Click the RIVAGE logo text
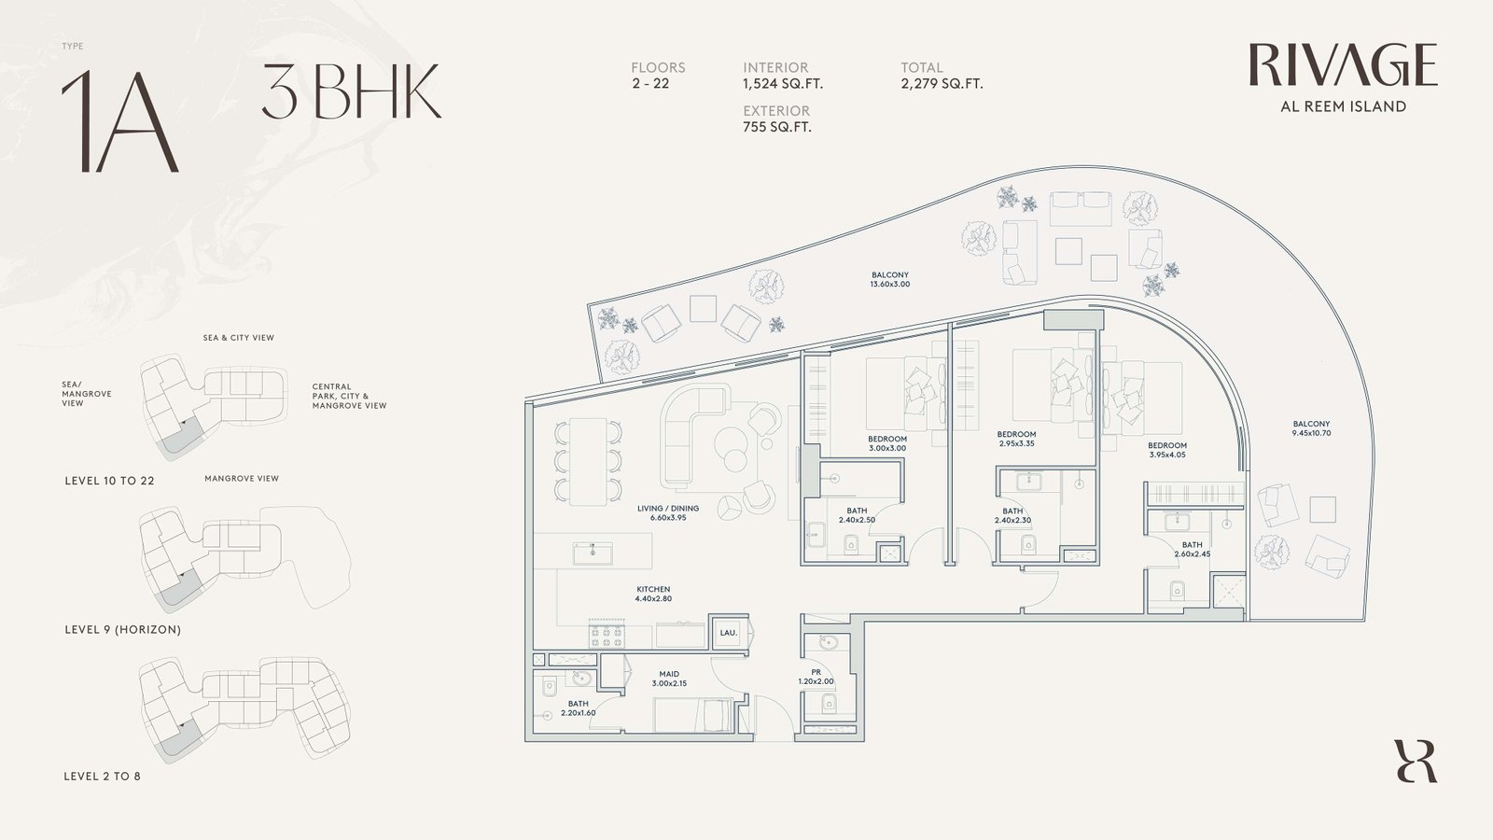pyautogui.click(x=1343, y=64)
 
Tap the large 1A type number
pyautogui.click(x=120, y=120)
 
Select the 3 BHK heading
pyautogui.click(x=351, y=91)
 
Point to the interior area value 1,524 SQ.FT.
pyautogui.click(x=783, y=84)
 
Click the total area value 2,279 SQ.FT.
pyautogui.click(x=942, y=84)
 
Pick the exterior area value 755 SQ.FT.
pyautogui.click(x=777, y=127)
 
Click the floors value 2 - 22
pyautogui.click(x=649, y=84)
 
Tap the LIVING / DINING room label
pyautogui.click(x=668, y=512)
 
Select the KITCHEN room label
pyautogui.click(x=653, y=594)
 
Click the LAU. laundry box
pyautogui.click(x=729, y=633)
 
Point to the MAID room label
pyautogui.click(x=669, y=679)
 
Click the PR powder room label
pyautogui.click(x=816, y=677)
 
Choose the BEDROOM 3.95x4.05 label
pyautogui.click(x=1167, y=450)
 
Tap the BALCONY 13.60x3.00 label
pyautogui.click(x=890, y=279)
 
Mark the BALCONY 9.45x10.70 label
pyautogui.click(x=1311, y=428)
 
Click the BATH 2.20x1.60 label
pyautogui.click(x=578, y=708)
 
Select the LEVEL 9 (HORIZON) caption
pyautogui.click(x=122, y=629)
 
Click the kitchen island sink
pyautogui.click(x=593, y=553)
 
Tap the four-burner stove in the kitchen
pyautogui.click(x=607, y=634)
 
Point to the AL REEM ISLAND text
pyautogui.click(x=1343, y=106)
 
